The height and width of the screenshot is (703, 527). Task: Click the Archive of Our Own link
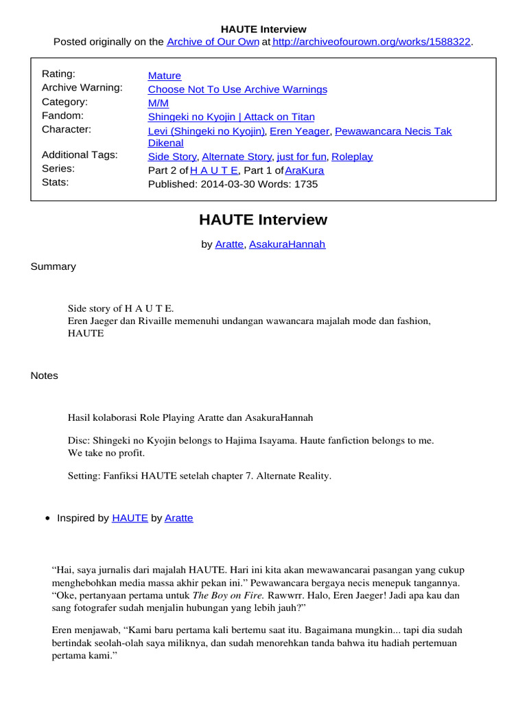213,42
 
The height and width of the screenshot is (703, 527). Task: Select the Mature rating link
165,76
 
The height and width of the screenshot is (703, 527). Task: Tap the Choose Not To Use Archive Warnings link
237,89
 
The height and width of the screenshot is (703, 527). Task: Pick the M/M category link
159,103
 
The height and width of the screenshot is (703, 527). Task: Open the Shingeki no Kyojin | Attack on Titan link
231,117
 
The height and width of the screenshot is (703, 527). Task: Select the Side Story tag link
172,157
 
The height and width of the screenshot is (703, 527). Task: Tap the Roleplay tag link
352,157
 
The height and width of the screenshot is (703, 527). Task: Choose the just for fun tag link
301,157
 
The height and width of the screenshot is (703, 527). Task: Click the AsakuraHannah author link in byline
287,244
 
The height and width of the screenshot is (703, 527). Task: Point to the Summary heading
54,266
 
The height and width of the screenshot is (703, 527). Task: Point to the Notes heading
45,376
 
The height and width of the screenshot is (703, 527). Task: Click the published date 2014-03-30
225,184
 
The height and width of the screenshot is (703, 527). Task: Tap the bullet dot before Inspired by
47,519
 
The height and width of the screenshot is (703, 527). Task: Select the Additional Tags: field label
80,155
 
